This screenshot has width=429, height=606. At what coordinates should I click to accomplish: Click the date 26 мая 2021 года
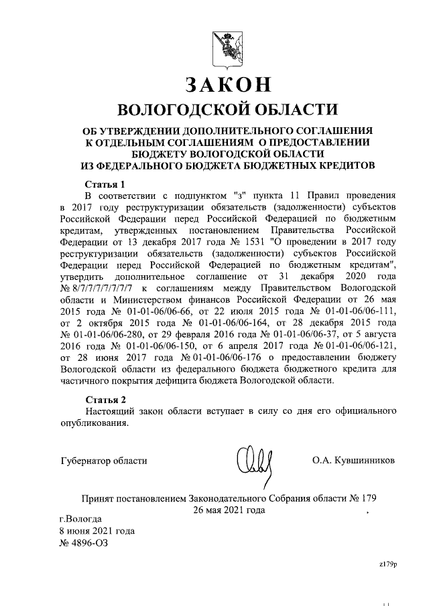coord(228,510)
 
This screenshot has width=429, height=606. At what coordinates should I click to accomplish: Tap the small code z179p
coord(388,564)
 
